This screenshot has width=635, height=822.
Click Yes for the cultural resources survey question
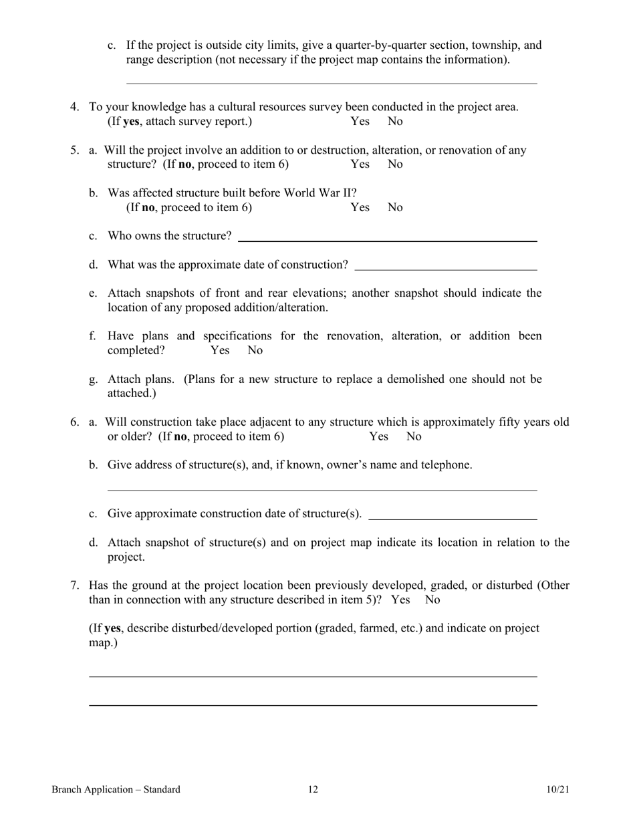(x=360, y=122)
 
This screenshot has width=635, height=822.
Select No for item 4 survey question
(x=395, y=122)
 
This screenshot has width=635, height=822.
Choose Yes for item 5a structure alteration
(x=360, y=164)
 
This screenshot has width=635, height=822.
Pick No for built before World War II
(x=395, y=208)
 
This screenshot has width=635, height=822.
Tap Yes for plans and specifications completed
(x=220, y=350)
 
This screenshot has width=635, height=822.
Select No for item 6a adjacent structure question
(x=414, y=437)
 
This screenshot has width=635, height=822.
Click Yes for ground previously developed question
(x=400, y=600)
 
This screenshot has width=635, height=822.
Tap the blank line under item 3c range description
(x=332, y=83)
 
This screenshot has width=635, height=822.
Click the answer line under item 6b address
(x=322, y=489)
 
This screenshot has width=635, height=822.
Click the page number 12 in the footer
(x=313, y=790)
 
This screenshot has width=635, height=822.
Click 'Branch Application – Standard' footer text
(x=116, y=790)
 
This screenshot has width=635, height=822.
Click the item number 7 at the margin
(x=75, y=586)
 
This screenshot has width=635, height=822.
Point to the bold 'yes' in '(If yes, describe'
(x=112, y=629)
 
